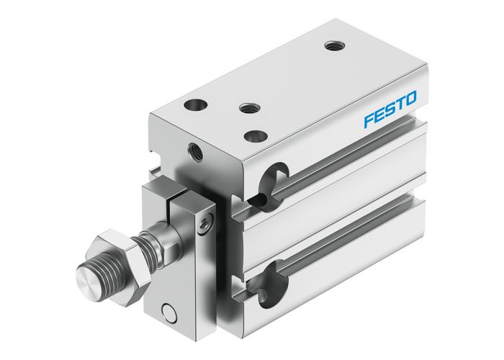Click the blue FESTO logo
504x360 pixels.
pyautogui.click(x=390, y=110)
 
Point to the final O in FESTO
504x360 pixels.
pyautogui.click(x=410, y=100)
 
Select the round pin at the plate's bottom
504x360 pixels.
pyautogui.click(x=168, y=312)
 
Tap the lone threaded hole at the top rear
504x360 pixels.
pyautogui.click(x=331, y=46)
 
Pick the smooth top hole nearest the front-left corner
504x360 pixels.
pyautogui.click(x=194, y=105)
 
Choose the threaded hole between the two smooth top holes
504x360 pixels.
pyautogui.click(x=249, y=107)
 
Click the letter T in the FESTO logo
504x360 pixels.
pyautogui.click(x=399, y=105)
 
